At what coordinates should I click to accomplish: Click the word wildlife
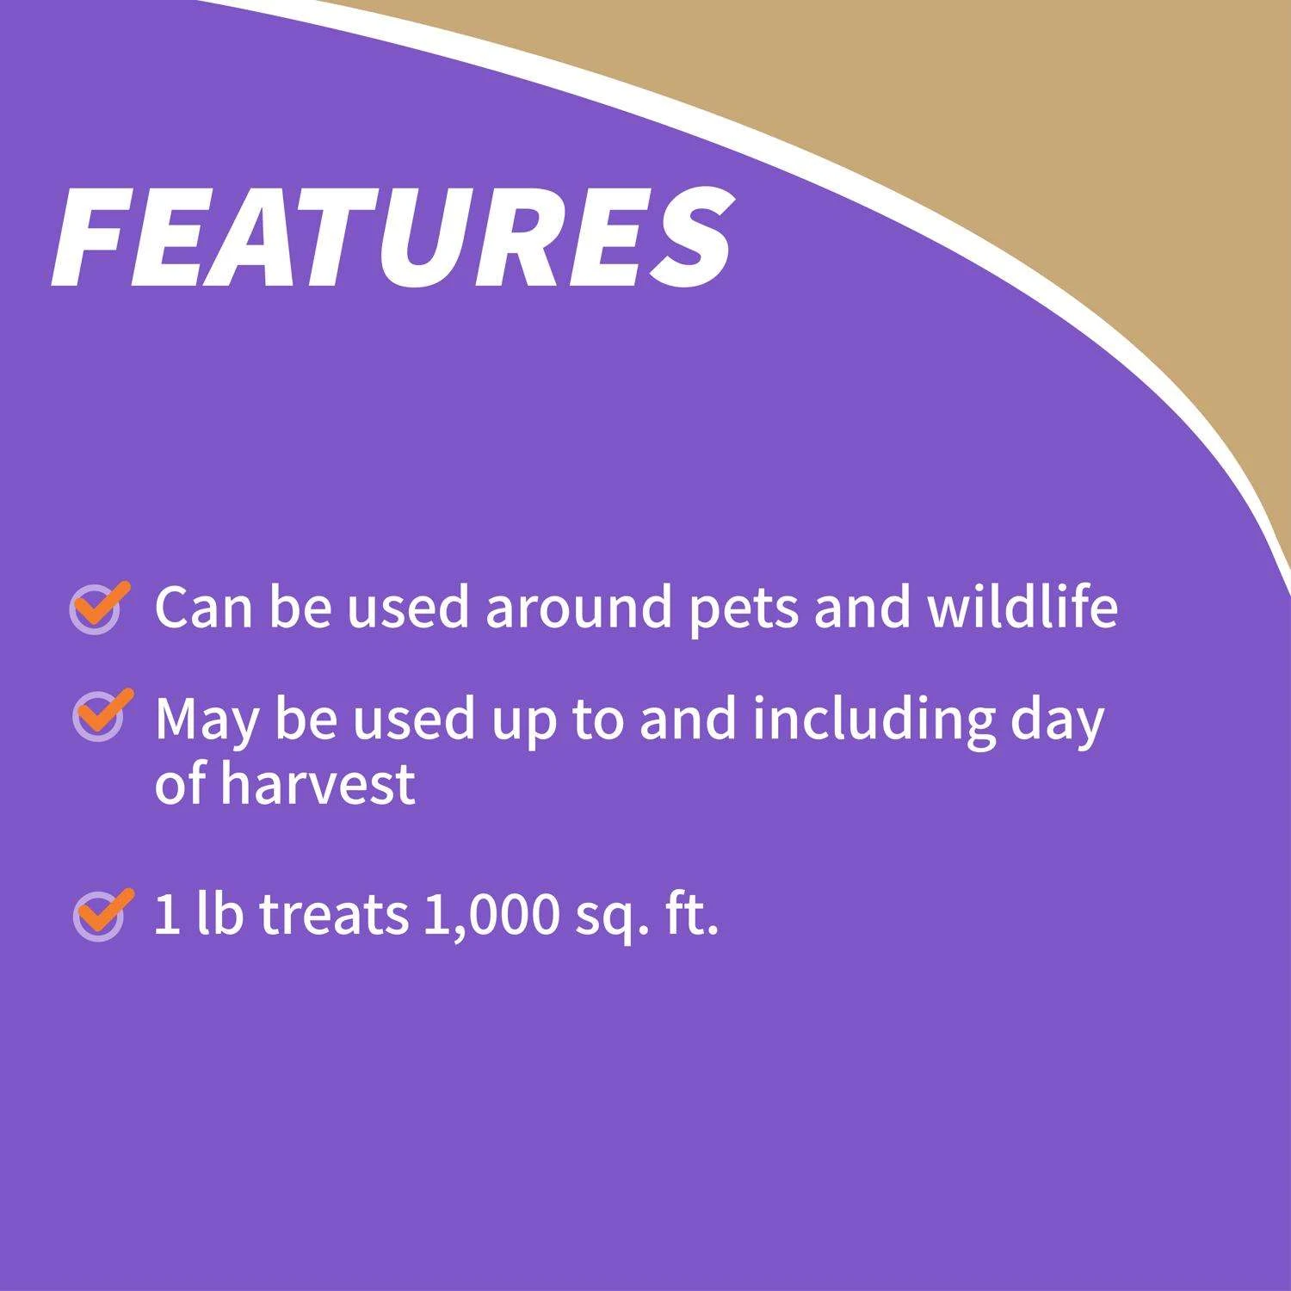tap(1022, 606)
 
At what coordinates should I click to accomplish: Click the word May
tap(207, 721)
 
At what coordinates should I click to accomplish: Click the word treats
tap(334, 915)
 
